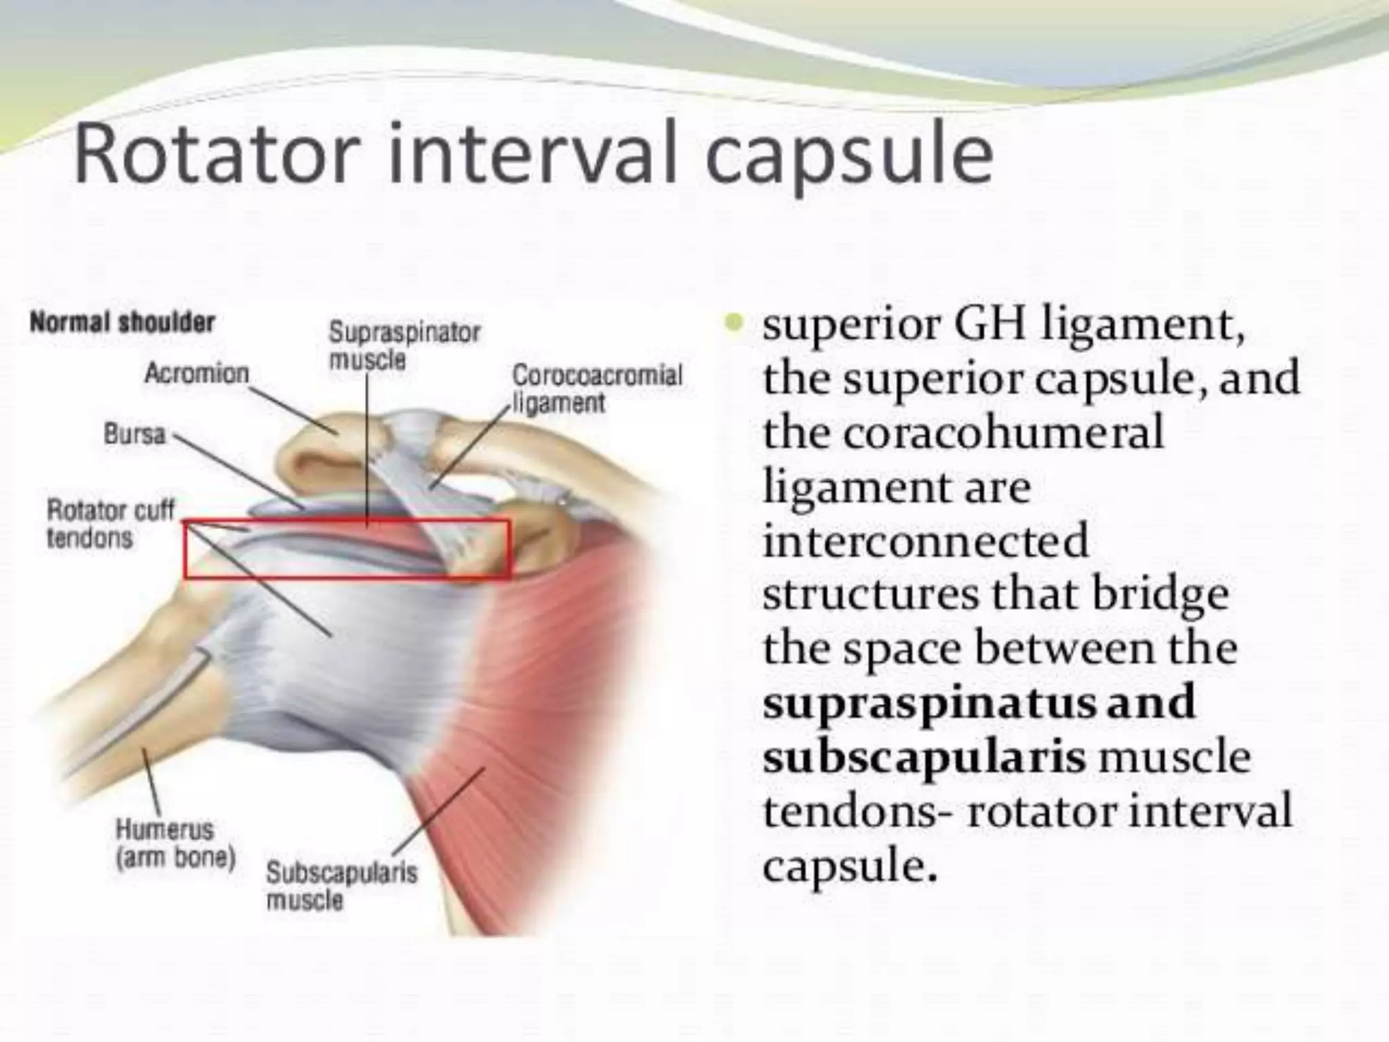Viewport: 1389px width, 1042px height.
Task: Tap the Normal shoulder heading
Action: [x=122, y=322]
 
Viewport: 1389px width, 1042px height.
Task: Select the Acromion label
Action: [x=197, y=373]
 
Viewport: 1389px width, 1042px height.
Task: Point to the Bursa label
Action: [x=134, y=434]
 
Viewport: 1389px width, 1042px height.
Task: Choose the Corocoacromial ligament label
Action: [x=595, y=389]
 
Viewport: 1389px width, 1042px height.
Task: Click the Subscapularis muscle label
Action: [x=341, y=886]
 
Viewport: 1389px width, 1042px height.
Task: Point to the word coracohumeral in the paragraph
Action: [x=1004, y=431]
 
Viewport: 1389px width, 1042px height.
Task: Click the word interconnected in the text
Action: [x=926, y=541]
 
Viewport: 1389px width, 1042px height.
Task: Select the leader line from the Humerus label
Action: [x=151, y=780]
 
